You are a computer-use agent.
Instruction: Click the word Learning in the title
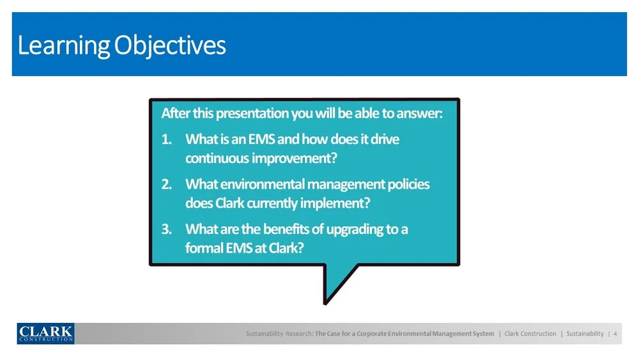tap(63, 45)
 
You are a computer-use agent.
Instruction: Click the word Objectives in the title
tap(170, 45)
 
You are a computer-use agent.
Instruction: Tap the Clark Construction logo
tap(45, 334)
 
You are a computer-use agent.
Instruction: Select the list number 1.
tap(166, 139)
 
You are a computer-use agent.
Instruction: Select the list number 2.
tap(166, 184)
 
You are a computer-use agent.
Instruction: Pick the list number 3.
tap(166, 229)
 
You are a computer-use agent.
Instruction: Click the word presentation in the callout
tap(252, 114)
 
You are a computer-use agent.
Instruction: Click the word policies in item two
tap(408, 185)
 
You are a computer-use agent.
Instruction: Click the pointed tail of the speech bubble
tap(325, 303)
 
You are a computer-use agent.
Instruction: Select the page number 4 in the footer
tap(615, 334)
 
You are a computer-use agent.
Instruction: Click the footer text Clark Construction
tap(530, 334)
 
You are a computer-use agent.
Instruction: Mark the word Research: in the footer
tap(300, 334)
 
